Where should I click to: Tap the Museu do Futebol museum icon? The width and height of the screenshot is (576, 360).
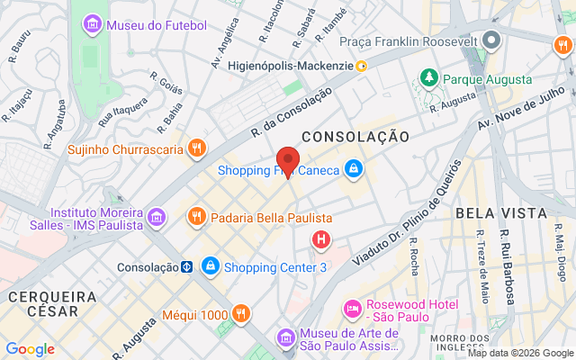point(92,25)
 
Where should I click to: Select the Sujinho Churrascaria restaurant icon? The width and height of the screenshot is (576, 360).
point(196,148)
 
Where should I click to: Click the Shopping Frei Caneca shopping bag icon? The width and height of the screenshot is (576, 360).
point(355,169)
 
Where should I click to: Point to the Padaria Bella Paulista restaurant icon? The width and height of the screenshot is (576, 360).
point(195,217)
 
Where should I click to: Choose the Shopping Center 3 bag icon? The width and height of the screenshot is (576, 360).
point(210,266)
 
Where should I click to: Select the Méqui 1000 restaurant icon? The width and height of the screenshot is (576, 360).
point(240,314)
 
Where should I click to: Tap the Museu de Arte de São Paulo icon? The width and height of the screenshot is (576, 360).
point(285,337)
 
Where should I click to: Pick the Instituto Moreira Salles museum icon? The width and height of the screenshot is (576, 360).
point(156,217)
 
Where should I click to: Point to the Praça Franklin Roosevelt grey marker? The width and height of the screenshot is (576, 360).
point(490,40)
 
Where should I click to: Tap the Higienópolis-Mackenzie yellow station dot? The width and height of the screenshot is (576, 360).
point(361,65)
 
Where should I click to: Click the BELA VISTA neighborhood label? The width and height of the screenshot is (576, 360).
point(501,212)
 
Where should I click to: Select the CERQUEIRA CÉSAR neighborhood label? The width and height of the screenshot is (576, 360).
point(52,304)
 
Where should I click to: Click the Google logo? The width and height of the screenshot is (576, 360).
point(30,349)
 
